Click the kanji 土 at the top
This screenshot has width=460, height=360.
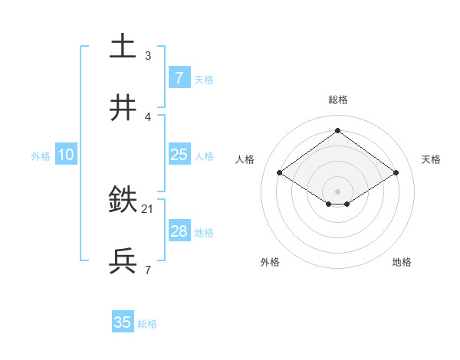(x=123, y=47)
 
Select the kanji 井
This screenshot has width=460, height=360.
(x=123, y=109)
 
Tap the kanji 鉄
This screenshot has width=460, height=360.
(x=123, y=201)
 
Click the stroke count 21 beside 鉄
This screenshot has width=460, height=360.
(x=148, y=208)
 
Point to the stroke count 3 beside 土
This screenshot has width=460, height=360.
(x=148, y=55)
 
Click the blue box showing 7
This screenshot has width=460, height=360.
(x=179, y=77)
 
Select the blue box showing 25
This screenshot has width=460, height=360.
(x=179, y=155)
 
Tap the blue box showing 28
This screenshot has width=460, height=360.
(x=179, y=231)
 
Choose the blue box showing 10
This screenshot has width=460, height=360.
(x=66, y=155)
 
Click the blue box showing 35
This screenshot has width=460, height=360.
(x=123, y=322)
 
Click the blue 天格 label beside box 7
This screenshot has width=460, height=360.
(x=204, y=79)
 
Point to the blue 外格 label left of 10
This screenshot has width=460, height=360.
(x=41, y=155)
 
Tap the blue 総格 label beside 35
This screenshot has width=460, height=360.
(x=147, y=324)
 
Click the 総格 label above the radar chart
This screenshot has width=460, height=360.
(x=337, y=100)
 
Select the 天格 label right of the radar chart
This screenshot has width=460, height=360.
(x=432, y=159)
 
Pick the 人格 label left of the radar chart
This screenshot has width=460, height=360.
(x=245, y=159)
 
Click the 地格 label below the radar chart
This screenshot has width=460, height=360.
(x=402, y=262)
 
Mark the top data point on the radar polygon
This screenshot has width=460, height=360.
(x=337, y=130)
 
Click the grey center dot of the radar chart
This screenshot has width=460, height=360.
(x=337, y=191)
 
